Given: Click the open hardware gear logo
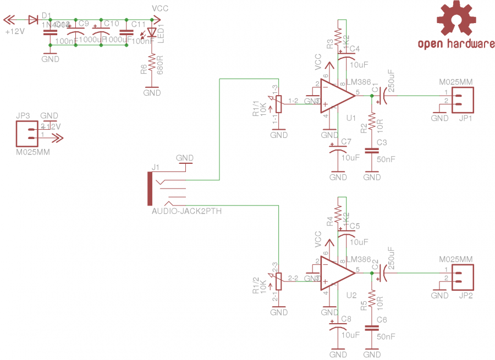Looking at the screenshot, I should [x=457, y=19].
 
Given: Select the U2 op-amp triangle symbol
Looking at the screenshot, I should [x=336, y=273].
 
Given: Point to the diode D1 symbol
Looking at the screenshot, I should [x=32, y=20].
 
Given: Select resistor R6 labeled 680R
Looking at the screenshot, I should [x=152, y=63].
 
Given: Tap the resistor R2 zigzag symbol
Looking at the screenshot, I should [x=372, y=122].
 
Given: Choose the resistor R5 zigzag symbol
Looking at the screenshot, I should [x=372, y=299].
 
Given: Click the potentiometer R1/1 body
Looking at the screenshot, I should [x=279, y=104].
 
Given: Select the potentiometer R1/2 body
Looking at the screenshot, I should [x=279, y=281].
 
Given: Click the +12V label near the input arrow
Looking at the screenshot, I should [x=15, y=32].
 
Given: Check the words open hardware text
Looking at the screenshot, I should [x=456, y=44].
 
